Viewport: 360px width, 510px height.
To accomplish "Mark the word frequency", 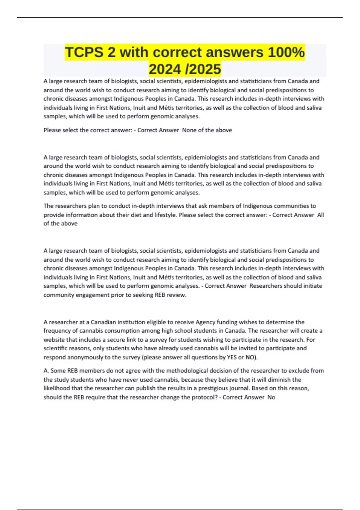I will [57, 331].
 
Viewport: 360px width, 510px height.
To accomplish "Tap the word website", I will [54, 340].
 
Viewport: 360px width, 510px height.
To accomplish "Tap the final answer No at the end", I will [271, 397].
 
